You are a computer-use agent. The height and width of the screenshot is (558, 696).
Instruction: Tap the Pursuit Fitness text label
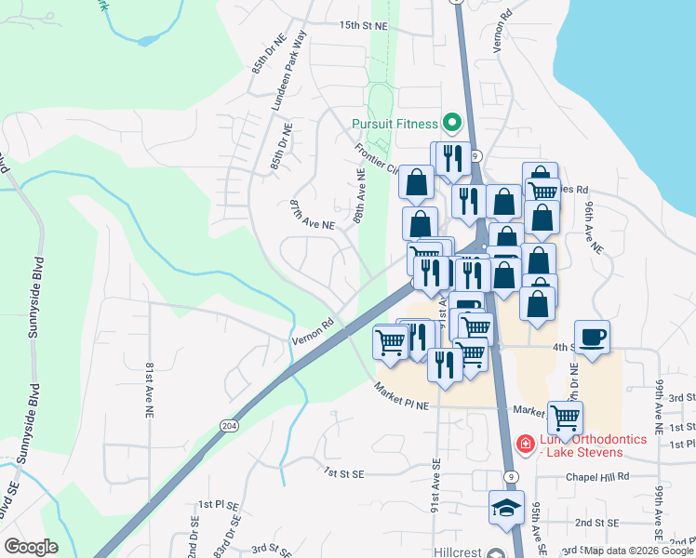(x=395, y=124)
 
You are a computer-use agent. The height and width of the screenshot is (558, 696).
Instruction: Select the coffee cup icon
(x=593, y=336)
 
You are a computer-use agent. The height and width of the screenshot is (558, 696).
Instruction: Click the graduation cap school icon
(x=506, y=508)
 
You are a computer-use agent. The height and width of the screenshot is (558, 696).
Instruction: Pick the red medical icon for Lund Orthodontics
(x=525, y=445)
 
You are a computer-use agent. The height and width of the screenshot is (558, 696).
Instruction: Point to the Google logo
(x=31, y=547)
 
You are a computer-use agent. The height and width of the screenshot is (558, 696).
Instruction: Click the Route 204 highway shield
(x=228, y=424)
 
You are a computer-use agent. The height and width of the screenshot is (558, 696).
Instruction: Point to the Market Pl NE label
(x=402, y=395)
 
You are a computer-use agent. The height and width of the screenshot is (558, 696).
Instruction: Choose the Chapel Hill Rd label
(x=597, y=476)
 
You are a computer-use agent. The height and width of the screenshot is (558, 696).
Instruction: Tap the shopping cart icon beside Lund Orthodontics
(x=565, y=417)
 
